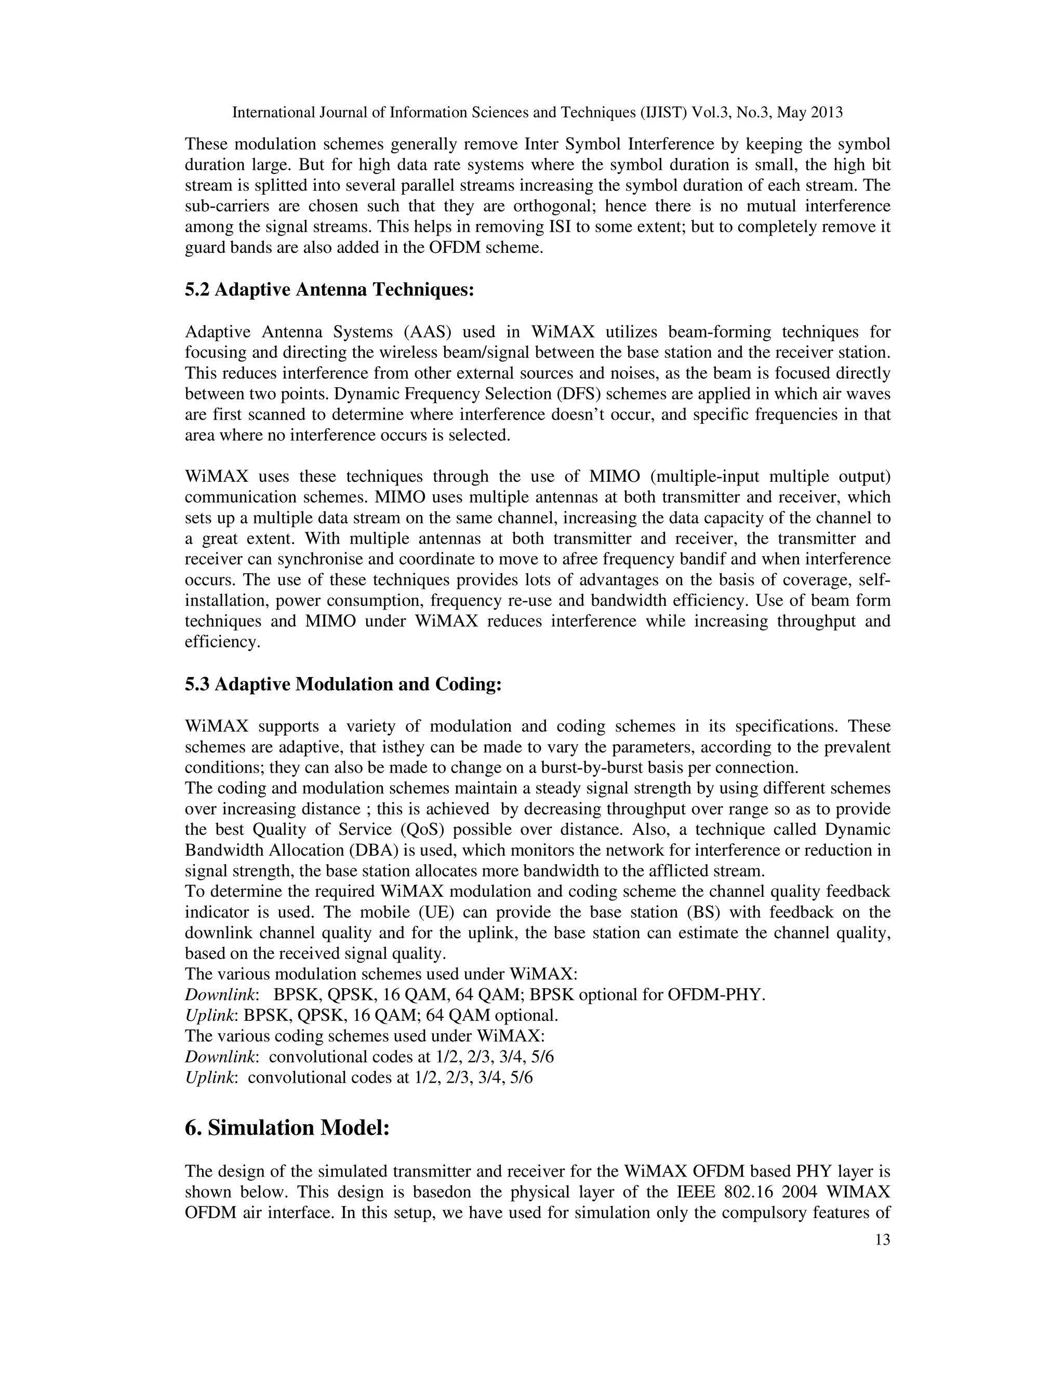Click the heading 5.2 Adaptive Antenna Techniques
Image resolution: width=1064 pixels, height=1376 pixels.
tap(329, 290)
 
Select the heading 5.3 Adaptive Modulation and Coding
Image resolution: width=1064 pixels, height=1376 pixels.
tap(343, 684)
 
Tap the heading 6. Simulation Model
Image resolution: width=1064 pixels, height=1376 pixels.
tap(287, 1128)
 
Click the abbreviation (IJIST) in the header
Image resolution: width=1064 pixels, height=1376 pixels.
tap(663, 113)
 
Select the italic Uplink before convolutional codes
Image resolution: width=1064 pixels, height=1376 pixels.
tap(210, 1078)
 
